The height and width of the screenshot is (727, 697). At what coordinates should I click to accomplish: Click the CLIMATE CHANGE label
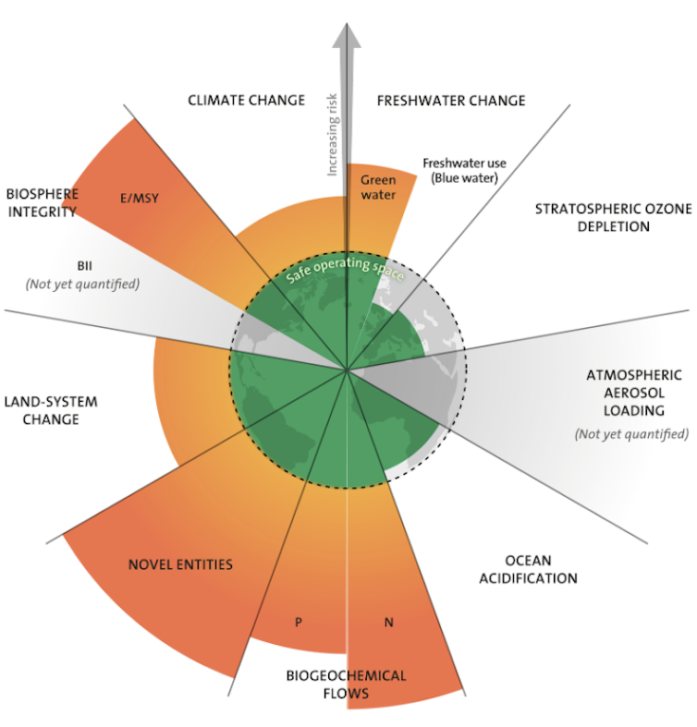[x=245, y=100]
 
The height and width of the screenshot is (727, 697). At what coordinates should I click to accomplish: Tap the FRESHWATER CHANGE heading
[x=451, y=101]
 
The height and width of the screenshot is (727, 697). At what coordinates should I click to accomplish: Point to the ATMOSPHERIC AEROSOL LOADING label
[x=633, y=392]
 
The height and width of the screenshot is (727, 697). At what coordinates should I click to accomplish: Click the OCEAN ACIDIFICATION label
[x=541, y=569]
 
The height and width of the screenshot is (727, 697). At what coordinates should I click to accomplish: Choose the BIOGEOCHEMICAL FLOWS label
[x=345, y=685]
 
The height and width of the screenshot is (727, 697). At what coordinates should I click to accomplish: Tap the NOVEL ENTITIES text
[x=180, y=564]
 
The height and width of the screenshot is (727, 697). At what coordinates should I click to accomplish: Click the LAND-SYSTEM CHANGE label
[x=50, y=410]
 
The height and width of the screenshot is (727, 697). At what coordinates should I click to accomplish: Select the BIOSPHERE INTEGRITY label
[x=42, y=202]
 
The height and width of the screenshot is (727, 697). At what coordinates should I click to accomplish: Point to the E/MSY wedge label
[x=141, y=197]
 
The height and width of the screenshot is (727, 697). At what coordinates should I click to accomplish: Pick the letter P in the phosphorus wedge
[x=298, y=623]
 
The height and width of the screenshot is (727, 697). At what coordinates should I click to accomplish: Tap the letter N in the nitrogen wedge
[x=388, y=623]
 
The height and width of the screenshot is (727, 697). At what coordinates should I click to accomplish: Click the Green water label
[x=378, y=188]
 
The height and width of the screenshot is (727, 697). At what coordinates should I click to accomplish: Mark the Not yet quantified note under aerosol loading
[x=631, y=433]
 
